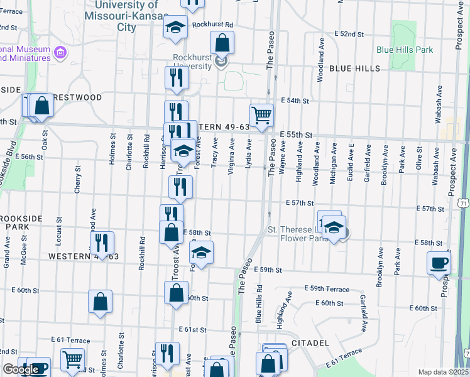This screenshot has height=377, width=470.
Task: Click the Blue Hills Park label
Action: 405,49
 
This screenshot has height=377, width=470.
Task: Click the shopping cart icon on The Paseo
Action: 261,115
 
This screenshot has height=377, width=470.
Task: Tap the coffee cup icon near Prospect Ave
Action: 439,263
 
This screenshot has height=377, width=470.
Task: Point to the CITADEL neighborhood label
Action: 310,343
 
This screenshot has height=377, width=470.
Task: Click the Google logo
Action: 21,369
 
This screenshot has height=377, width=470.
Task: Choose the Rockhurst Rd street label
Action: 213,25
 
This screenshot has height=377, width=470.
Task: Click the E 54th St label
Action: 295,101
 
